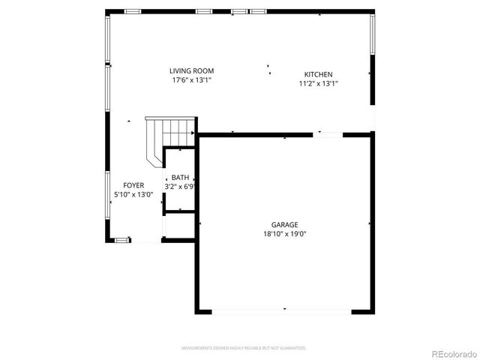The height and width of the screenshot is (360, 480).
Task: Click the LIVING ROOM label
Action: (x=191, y=70)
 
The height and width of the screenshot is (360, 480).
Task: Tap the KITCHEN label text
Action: (x=318, y=74)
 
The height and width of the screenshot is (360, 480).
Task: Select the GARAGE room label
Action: (x=284, y=224)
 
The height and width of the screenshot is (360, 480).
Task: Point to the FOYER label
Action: (x=133, y=185)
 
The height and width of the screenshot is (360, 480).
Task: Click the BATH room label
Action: (x=180, y=177)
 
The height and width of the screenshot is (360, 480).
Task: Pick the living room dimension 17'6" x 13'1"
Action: (x=191, y=79)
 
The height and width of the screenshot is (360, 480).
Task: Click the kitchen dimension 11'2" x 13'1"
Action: (x=318, y=84)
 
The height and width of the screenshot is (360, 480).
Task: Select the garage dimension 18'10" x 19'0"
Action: (x=284, y=233)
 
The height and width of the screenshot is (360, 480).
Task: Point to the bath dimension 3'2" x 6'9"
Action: (x=180, y=186)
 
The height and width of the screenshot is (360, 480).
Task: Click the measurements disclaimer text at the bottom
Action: (x=244, y=348)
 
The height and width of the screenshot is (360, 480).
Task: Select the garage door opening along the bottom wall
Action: (x=284, y=310)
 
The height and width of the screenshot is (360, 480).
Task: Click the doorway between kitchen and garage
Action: (x=328, y=134)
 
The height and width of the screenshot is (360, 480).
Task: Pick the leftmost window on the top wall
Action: (x=133, y=11)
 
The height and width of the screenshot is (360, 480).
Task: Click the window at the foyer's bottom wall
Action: (x=121, y=240)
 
